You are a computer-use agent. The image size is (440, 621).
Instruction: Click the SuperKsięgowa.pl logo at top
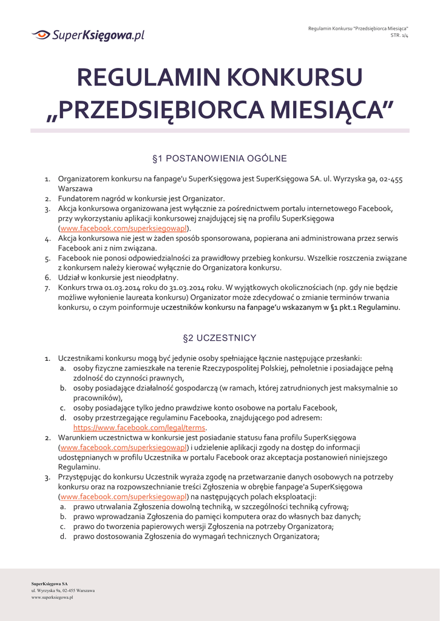coord(88,35)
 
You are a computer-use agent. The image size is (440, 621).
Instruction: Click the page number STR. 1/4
coord(399,35)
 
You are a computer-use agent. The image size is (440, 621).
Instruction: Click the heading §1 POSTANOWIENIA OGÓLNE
coord(219,159)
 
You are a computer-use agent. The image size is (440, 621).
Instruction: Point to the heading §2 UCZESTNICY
coord(219,338)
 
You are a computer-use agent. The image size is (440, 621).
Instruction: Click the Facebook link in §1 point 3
coord(124,229)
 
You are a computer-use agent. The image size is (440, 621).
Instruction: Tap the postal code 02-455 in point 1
coord(390,179)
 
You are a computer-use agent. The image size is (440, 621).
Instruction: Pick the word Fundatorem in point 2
coord(78,199)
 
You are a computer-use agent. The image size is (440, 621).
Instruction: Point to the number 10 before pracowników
coord(393,388)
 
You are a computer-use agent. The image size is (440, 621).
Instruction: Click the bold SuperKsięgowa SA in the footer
coord(50,583)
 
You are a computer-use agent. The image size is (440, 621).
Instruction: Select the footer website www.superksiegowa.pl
coord(52,597)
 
